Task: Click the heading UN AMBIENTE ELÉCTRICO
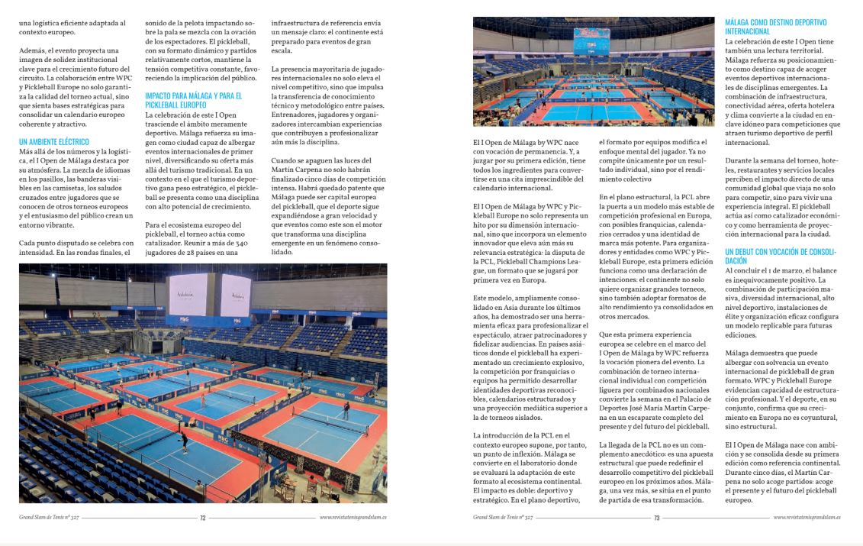(x=53, y=142)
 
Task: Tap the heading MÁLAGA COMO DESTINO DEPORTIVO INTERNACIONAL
(x=774, y=27)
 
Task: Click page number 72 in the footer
(x=203, y=518)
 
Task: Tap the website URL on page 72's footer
(x=353, y=518)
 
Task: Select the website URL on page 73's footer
(x=807, y=518)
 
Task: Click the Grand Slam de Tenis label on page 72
(x=47, y=518)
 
